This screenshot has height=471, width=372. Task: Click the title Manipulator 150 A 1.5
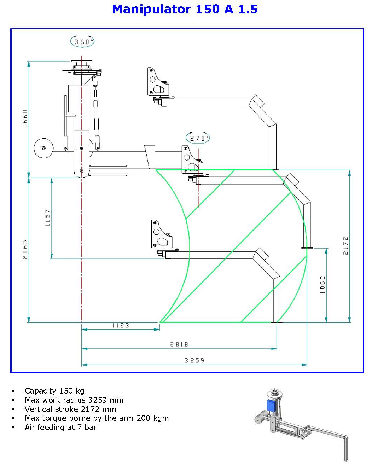coord(185,9)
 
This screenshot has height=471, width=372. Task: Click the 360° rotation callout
coord(82,42)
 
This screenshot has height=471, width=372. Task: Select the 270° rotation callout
coord(198,138)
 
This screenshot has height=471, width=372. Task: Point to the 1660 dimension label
coord(25,118)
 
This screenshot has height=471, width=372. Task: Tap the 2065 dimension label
coord(25,249)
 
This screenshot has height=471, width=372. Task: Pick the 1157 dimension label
coord(48,217)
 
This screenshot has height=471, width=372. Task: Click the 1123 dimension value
coord(121,325)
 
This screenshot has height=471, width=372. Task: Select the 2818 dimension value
coord(179,344)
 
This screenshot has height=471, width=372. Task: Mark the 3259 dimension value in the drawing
coord(194,360)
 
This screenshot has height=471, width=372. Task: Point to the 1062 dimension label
coord(322,285)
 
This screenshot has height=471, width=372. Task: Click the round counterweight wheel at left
coord(43,148)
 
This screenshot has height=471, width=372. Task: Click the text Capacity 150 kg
coord(54,391)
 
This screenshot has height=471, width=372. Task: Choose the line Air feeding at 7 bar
coord(60,427)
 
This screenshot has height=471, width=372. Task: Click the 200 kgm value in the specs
coord(152,418)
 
